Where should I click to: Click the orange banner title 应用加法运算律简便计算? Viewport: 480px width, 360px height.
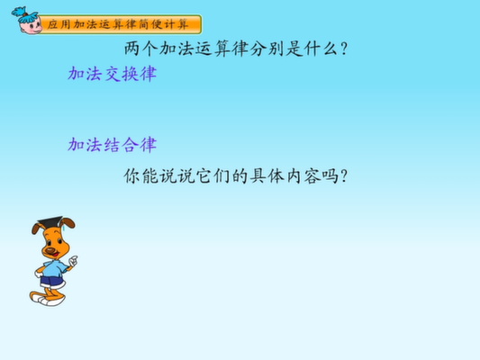click(x=118, y=24)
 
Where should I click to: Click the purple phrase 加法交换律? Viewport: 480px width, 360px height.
click(x=113, y=74)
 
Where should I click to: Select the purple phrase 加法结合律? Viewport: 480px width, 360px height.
click(x=113, y=145)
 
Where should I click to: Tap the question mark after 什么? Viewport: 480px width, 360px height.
click(x=344, y=49)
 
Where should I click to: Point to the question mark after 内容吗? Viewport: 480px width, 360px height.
click(x=344, y=176)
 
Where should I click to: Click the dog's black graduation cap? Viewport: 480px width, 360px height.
click(x=50, y=221)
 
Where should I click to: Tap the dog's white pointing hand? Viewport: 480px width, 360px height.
click(x=74, y=261)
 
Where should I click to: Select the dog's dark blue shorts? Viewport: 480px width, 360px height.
click(x=51, y=281)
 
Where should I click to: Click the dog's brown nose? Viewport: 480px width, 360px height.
click(x=50, y=251)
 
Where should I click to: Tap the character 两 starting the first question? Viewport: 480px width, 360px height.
click(x=132, y=49)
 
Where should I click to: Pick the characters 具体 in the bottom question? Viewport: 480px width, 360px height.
click(x=267, y=176)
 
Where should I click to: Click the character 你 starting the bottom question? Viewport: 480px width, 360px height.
click(x=132, y=176)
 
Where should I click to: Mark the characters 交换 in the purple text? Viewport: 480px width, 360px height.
click(x=122, y=74)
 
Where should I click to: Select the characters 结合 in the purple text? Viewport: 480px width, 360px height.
click(x=122, y=145)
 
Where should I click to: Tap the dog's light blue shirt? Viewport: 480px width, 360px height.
click(x=55, y=268)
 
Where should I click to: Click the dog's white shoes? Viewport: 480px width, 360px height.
click(x=49, y=299)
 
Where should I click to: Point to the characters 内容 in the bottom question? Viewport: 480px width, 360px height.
click(x=303, y=176)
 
